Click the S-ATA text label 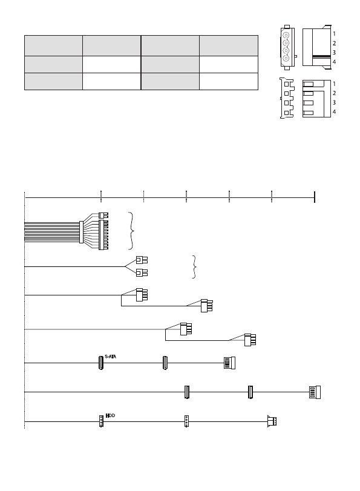110,357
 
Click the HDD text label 110,415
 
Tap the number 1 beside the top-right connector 334,33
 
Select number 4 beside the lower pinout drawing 334,112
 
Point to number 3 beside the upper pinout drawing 334,52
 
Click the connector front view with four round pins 287,47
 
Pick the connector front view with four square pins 287,98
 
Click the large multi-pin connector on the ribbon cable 103,235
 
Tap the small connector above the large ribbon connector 103,216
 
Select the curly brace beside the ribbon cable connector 132,231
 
